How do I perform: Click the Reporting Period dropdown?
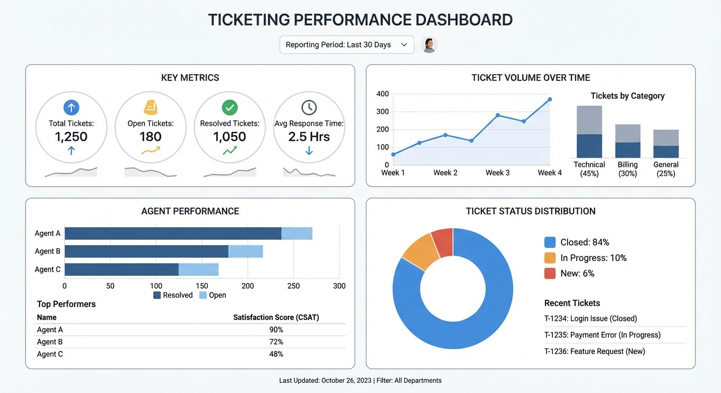tap(347, 45)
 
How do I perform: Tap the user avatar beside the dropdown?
tap(429, 45)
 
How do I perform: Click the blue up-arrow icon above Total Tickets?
tap(71, 107)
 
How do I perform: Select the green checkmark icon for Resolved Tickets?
tap(229, 107)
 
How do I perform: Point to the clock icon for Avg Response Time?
tap(309, 107)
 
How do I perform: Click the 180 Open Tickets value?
tap(150, 137)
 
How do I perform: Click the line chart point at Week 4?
tap(549, 99)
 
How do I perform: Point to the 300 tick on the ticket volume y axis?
tap(383, 112)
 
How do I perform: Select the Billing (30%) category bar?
tap(628, 141)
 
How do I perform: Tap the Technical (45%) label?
tap(589, 169)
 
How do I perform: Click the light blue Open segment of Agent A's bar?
tap(296, 233)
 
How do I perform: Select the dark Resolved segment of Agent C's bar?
tap(121, 270)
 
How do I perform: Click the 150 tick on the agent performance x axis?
tap(202, 286)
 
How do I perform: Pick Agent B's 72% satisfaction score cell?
tap(276, 342)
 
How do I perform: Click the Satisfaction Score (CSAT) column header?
tap(276, 317)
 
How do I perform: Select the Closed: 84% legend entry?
tap(577, 242)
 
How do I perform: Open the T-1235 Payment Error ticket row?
tap(602, 335)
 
